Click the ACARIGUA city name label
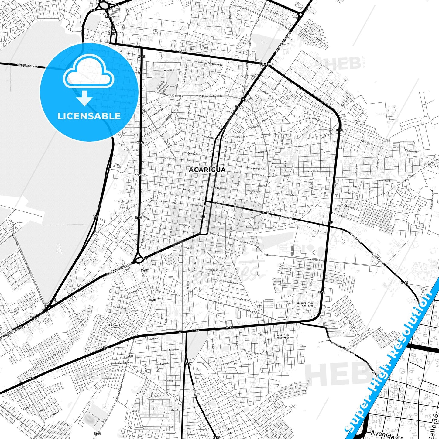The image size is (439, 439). (x=207, y=170)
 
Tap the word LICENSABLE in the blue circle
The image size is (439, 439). (x=89, y=116)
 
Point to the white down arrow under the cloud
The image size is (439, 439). (x=85, y=98)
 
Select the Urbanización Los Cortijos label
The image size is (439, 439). (x=305, y=304)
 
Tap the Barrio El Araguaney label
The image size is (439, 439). (x=283, y=337)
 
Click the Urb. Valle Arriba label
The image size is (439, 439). (x=115, y=326)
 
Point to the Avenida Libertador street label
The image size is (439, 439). (x=265, y=176)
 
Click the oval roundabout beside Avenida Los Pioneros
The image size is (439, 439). (x=139, y=260)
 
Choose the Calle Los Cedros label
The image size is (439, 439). (x=186, y=76)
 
